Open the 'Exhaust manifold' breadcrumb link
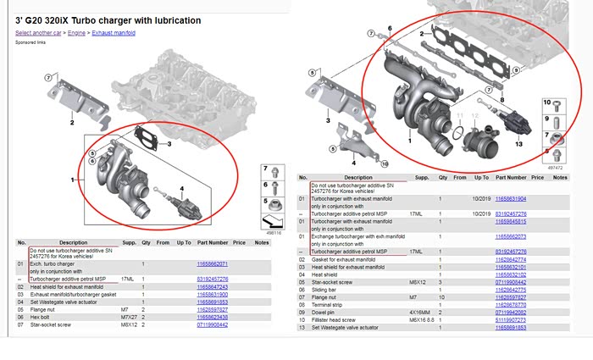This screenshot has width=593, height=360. point(113,32)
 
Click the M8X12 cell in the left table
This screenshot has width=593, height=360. point(129,324)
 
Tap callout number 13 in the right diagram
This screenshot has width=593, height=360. point(519,145)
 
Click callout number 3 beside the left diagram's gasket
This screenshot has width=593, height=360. point(169,145)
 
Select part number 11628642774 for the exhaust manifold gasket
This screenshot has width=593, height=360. point(511,259)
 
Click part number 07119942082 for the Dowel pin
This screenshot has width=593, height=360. point(511,312)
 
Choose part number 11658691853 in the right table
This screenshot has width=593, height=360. point(511,327)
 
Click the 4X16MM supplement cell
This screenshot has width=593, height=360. point(421,312)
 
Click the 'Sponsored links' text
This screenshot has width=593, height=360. point(30,41)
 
